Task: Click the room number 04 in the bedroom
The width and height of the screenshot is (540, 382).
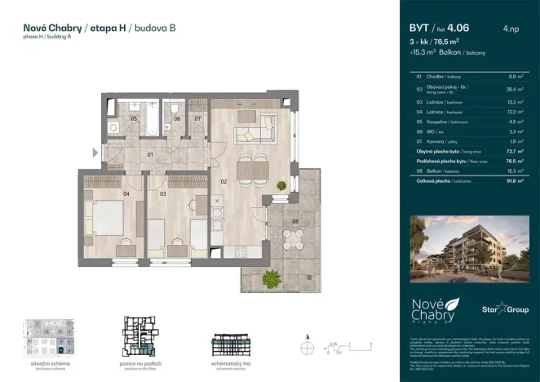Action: click(x=126, y=194)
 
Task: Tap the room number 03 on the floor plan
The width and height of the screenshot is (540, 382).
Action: click(x=163, y=194)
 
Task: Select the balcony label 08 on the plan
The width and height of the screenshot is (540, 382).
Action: click(x=295, y=220)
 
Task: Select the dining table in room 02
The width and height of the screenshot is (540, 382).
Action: click(x=253, y=168)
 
